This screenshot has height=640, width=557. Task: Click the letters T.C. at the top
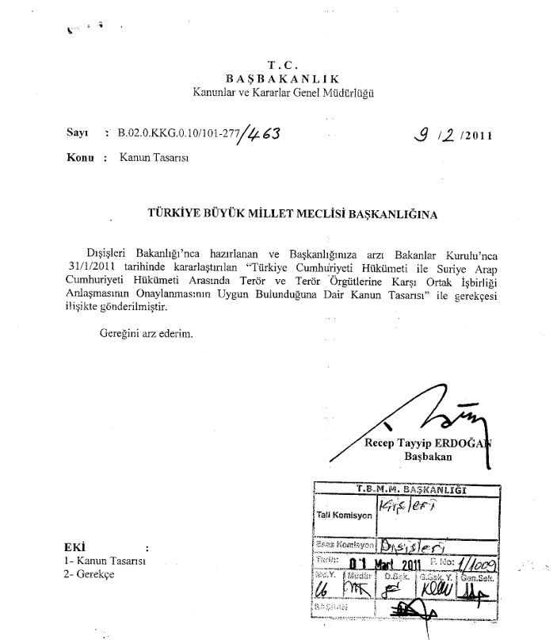tap(282, 64)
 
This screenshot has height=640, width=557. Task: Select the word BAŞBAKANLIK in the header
tap(282, 79)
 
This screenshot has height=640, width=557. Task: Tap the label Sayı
tap(77, 134)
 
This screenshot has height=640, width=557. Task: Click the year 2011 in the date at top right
tap(475, 136)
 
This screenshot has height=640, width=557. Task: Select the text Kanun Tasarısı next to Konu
tap(148, 158)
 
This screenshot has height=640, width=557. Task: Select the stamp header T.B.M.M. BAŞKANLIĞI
tap(411, 489)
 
